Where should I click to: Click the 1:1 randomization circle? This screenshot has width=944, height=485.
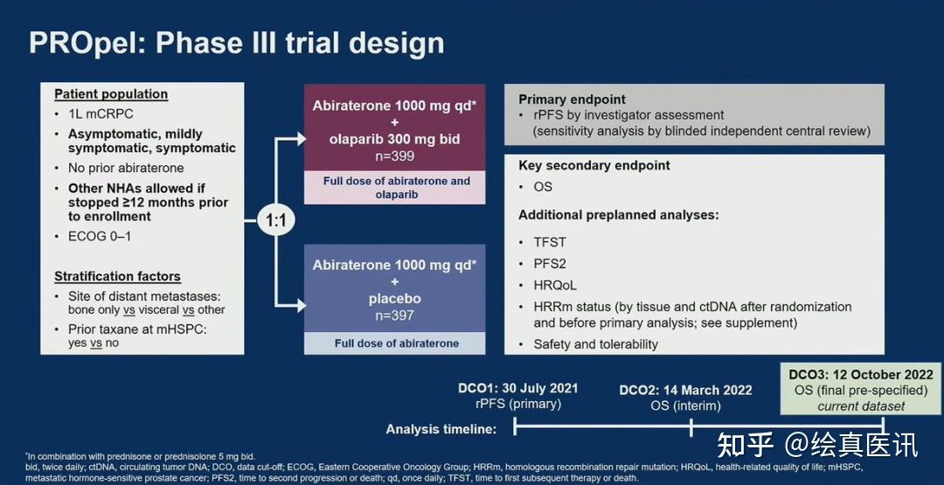pyautogui.click(x=275, y=221)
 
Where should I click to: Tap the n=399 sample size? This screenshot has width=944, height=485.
pyautogui.click(x=394, y=156)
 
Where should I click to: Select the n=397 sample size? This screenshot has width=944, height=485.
pyautogui.click(x=394, y=315)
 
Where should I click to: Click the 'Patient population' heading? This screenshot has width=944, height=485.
pyautogui.click(x=111, y=94)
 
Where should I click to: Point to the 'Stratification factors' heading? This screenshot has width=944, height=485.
pyautogui.click(x=117, y=277)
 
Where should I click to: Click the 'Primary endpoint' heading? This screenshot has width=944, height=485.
pyautogui.click(x=572, y=100)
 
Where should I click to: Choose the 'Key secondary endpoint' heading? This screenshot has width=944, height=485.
pyautogui.click(x=594, y=165)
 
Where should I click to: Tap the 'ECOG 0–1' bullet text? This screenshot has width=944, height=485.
pyautogui.click(x=100, y=237)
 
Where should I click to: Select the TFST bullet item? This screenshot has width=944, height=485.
pyautogui.click(x=550, y=243)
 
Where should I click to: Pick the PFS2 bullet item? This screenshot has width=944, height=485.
pyautogui.click(x=550, y=264)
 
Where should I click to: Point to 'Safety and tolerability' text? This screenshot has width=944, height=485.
pyautogui.click(x=595, y=344)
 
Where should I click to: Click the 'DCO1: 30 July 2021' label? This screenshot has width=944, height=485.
pyautogui.click(x=517, y=388)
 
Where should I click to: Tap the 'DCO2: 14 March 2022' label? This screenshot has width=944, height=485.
pyautogui.click(x=686, y=391)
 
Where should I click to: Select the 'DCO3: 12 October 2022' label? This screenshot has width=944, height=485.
pyautogui.click(x=861, y=374)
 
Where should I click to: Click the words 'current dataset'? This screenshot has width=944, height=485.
pyautogui.click(x=861, y=406)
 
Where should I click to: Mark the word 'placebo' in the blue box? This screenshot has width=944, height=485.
pyautogui.click(x=394, y=299)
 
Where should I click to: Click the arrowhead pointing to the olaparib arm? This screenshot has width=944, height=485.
pyautogui.click(x=300, y=139)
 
